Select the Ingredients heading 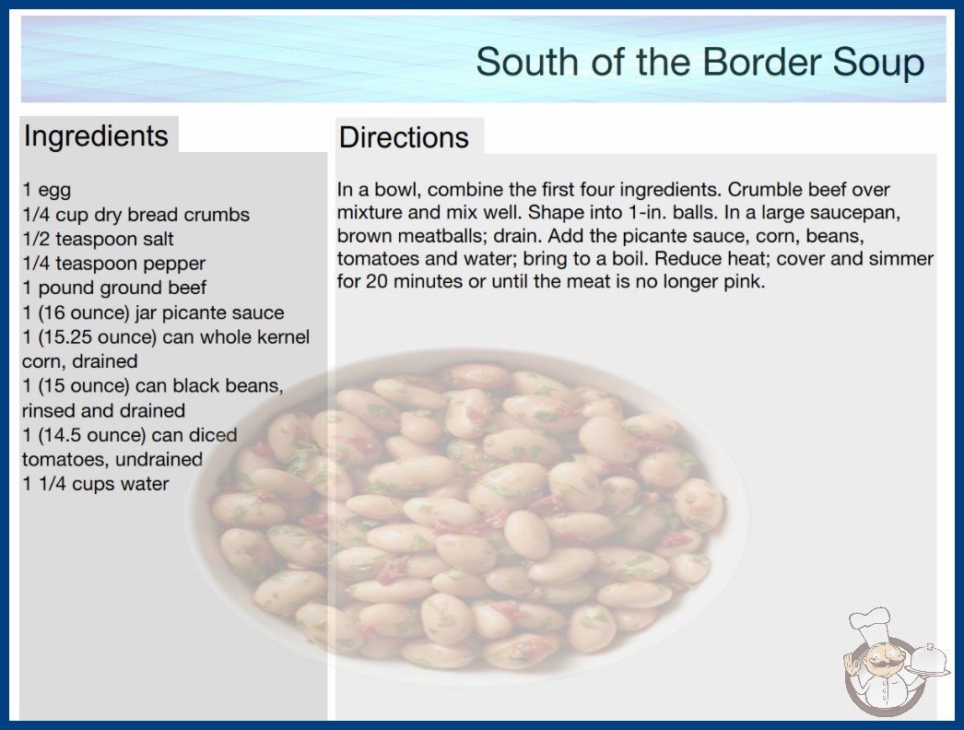point(96,136)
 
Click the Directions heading point(404,137)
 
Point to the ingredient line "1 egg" point(47,190)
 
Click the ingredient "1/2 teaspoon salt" point(98,239)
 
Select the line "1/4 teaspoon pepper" point(113,264)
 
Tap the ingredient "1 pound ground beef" point(114,288)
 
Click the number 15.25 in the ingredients point(65,337)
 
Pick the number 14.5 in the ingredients point(60,435)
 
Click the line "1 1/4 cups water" point(95,484)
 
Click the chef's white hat point(870,625)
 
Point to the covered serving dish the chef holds point(928,661)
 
